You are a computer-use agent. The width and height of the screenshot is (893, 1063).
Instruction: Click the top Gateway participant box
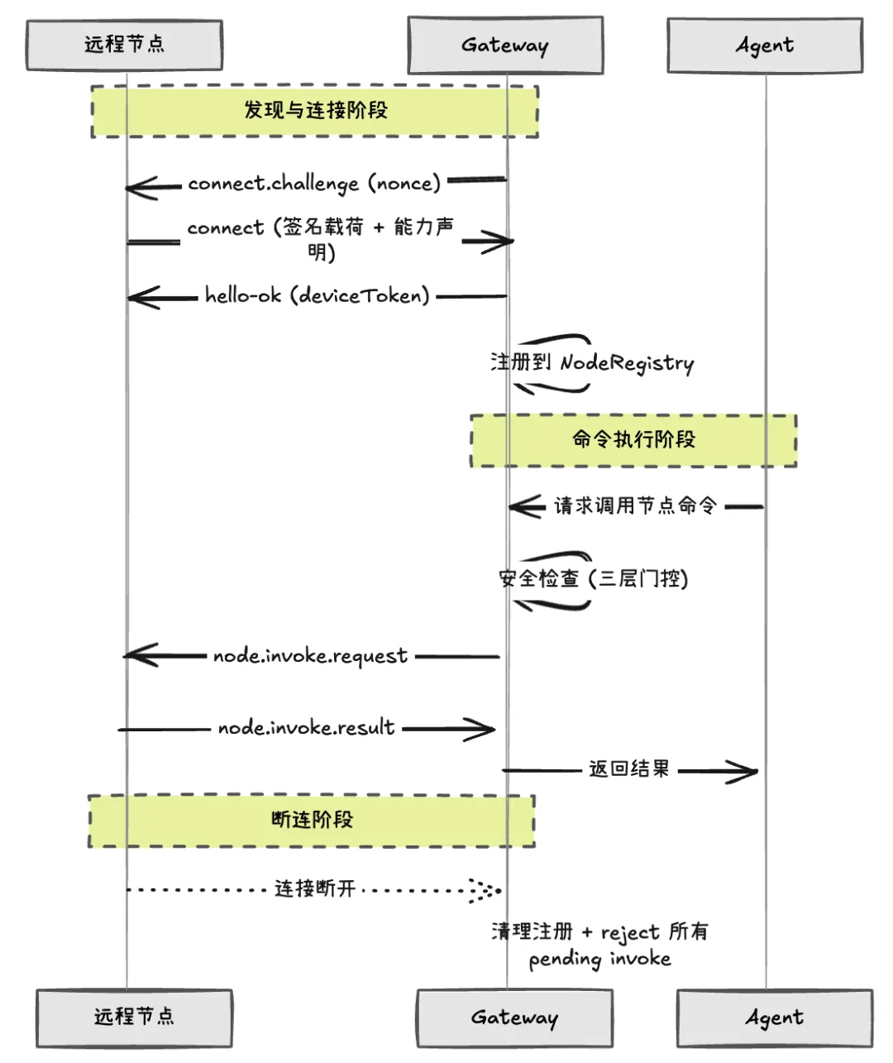(505, 45)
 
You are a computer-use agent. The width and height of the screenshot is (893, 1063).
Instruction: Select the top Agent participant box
(765, 45)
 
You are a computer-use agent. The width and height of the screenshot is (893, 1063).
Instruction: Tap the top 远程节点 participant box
(125, 44)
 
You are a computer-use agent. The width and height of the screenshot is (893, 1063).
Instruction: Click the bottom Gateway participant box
(514, 1017)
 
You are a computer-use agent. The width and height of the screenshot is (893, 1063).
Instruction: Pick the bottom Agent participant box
(774, 1017)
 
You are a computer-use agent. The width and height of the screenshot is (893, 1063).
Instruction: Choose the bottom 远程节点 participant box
(134, 1017)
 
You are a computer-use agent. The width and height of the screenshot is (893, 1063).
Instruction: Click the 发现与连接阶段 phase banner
(315, 110)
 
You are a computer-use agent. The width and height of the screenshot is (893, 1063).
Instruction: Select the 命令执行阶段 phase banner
(633, 439)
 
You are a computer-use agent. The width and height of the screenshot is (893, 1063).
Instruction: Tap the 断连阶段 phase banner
(312, 820)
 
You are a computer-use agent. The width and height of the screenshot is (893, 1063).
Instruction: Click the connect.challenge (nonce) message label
(314, 183)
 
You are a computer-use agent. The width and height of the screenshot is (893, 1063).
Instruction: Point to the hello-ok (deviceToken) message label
(318, 295)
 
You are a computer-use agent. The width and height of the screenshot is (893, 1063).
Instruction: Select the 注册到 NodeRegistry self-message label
(592, 362)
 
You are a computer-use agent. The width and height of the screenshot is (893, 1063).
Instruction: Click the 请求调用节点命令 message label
(635, 505)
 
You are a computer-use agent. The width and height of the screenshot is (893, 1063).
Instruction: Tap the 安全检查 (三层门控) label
(594, 578)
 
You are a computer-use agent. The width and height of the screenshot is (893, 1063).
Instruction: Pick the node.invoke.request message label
(310, 656)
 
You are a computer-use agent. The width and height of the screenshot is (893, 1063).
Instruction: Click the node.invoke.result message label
(306, 728)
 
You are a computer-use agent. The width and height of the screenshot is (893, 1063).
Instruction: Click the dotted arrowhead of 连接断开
(485, 890)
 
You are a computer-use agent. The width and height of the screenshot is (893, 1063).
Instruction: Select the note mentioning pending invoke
(599, 945)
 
